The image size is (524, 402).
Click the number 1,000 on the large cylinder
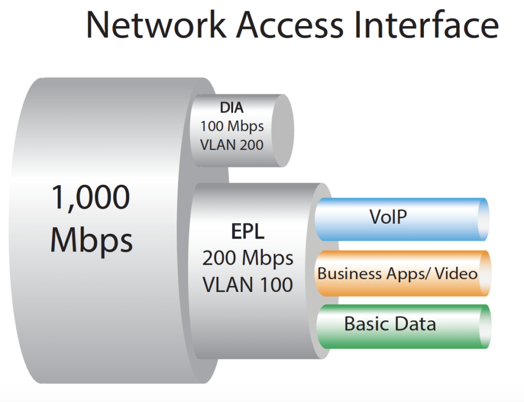[x=91, y=198]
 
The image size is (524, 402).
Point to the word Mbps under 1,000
[x=91, y=241]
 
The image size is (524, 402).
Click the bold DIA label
[x=232, y=108]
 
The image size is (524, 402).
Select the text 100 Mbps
[x=232, y=127]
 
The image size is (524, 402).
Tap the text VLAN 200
[x=232, y=144]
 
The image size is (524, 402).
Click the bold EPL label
[x=248, y=233]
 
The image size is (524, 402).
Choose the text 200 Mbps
[x=248, y=258]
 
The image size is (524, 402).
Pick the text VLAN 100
[x=248, y=285]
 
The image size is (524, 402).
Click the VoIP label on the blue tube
[x=388, y=217]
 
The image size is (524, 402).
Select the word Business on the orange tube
[x=350, y=274]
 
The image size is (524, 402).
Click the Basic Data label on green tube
[x=390, y=324]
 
